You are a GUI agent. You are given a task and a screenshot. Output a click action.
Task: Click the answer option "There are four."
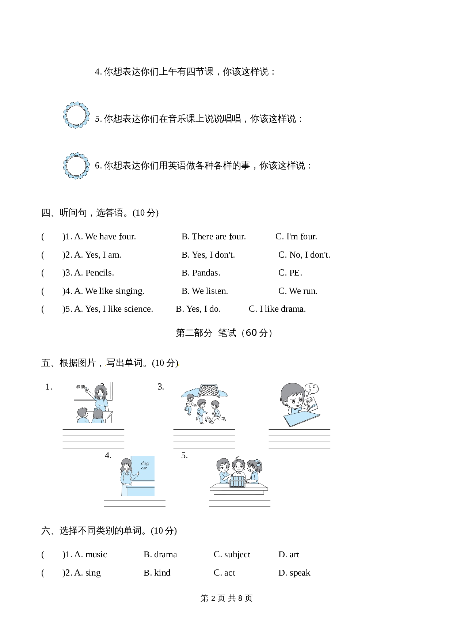[219, 236]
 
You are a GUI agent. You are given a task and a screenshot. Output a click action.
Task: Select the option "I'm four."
[302, 236]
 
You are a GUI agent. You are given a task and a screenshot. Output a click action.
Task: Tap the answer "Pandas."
[206, 273]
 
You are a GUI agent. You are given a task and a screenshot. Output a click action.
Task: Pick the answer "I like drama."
[282, 309]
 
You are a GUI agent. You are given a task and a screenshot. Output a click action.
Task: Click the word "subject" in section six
[237, 555]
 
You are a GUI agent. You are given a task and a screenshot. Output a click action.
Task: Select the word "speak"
[300, 573]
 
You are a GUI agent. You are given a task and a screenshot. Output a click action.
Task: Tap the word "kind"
[162, 573]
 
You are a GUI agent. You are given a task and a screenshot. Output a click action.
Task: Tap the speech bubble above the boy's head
[312, 389]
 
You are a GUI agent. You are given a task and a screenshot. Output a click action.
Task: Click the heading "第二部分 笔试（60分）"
[224, 333]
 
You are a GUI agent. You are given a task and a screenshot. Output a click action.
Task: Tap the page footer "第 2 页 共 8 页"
[226, 598]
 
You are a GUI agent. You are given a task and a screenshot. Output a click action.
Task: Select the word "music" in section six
[96, 554]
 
